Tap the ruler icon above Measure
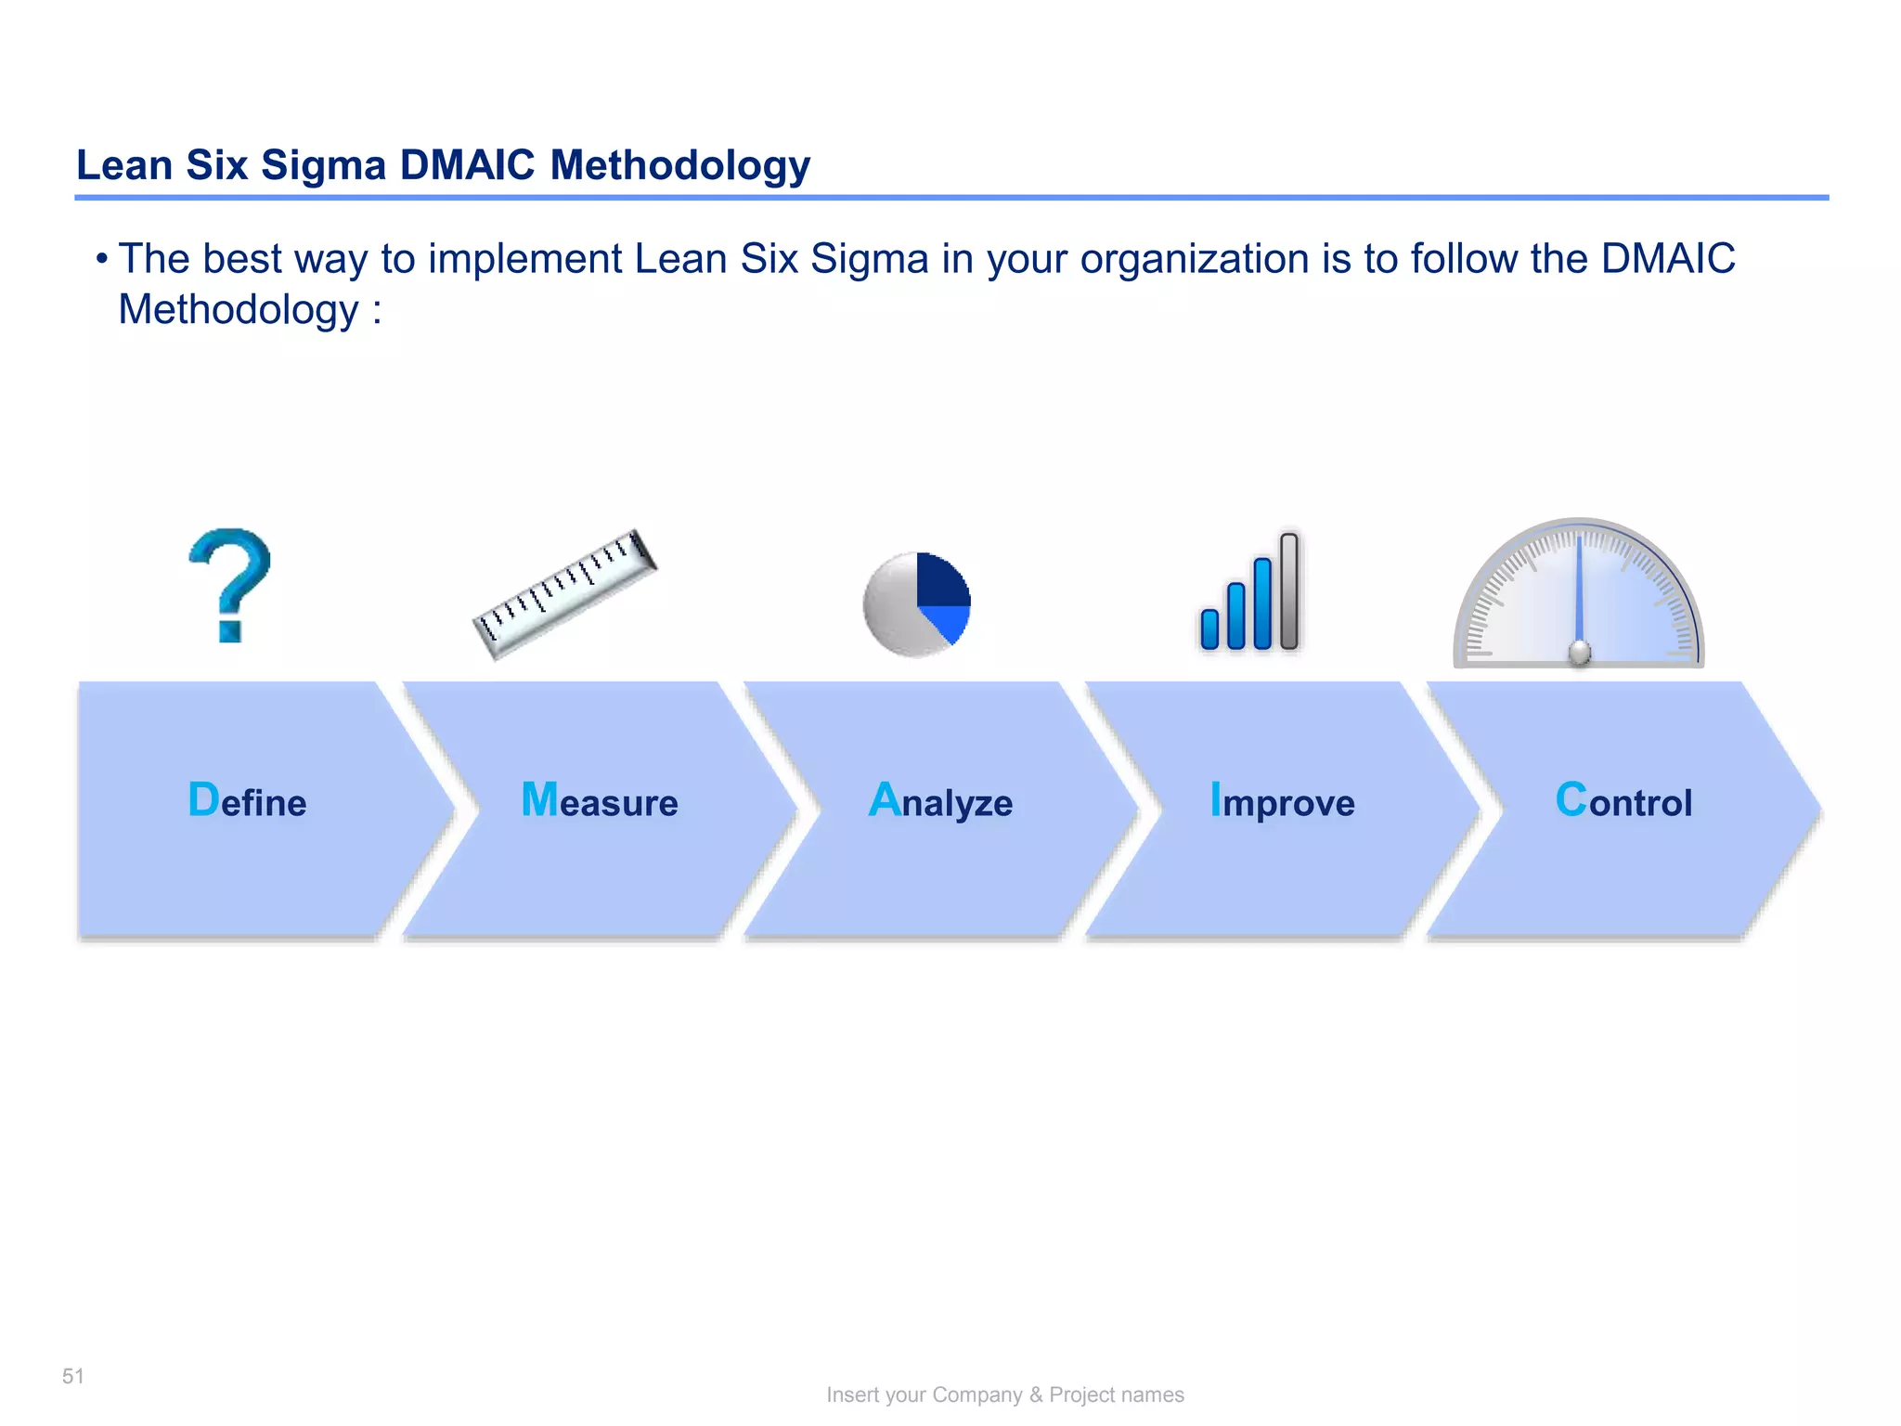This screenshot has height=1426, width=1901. click(564, 595)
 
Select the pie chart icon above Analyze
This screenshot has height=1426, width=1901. click(916, 605)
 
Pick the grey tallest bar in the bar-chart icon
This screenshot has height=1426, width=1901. click(1288, 591)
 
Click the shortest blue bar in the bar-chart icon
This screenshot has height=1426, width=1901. click(1209, 629)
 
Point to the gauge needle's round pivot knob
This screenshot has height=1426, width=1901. click(1579, 654)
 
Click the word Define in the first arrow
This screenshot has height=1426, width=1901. click(247, 800)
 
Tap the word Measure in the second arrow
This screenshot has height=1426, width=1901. click(600, 800)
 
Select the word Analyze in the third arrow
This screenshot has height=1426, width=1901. click(940, 801)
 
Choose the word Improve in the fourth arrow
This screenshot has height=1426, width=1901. click(1282, 801)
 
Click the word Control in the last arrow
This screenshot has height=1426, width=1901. click(1623, 800)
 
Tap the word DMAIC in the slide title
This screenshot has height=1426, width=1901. click(467, 165)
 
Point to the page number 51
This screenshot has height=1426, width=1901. click(73, 1376)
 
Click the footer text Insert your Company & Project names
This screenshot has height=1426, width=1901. click(1005, 1394)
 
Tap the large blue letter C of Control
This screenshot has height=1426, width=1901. click(1571, 799)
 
